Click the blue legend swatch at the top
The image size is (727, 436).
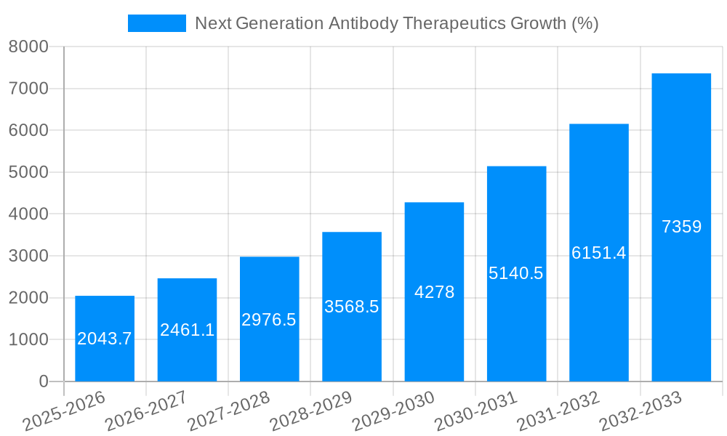click(156, 23)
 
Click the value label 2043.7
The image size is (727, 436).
click(105, 339)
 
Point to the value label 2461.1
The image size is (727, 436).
click(187, 330)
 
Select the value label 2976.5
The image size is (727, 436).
click(269, 320)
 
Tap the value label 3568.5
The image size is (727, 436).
click(352, 307)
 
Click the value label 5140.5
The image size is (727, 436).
click(516, 273)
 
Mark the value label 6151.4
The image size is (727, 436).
click(598, 253)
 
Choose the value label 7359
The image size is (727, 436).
click(681, 227)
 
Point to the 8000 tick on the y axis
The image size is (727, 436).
click(28, 47)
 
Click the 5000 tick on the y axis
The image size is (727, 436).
click(28, 173)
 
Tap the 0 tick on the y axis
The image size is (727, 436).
click(43, 381)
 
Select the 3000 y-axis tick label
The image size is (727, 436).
click(28, 257)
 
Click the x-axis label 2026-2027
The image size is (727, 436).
click(146, 412)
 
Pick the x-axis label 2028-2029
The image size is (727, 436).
click(311, 412)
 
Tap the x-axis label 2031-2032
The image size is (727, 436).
click(558, 412)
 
